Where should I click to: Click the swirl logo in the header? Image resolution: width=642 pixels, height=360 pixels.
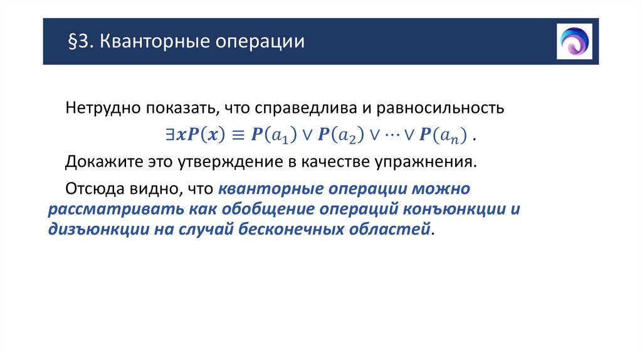pos(574,41)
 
